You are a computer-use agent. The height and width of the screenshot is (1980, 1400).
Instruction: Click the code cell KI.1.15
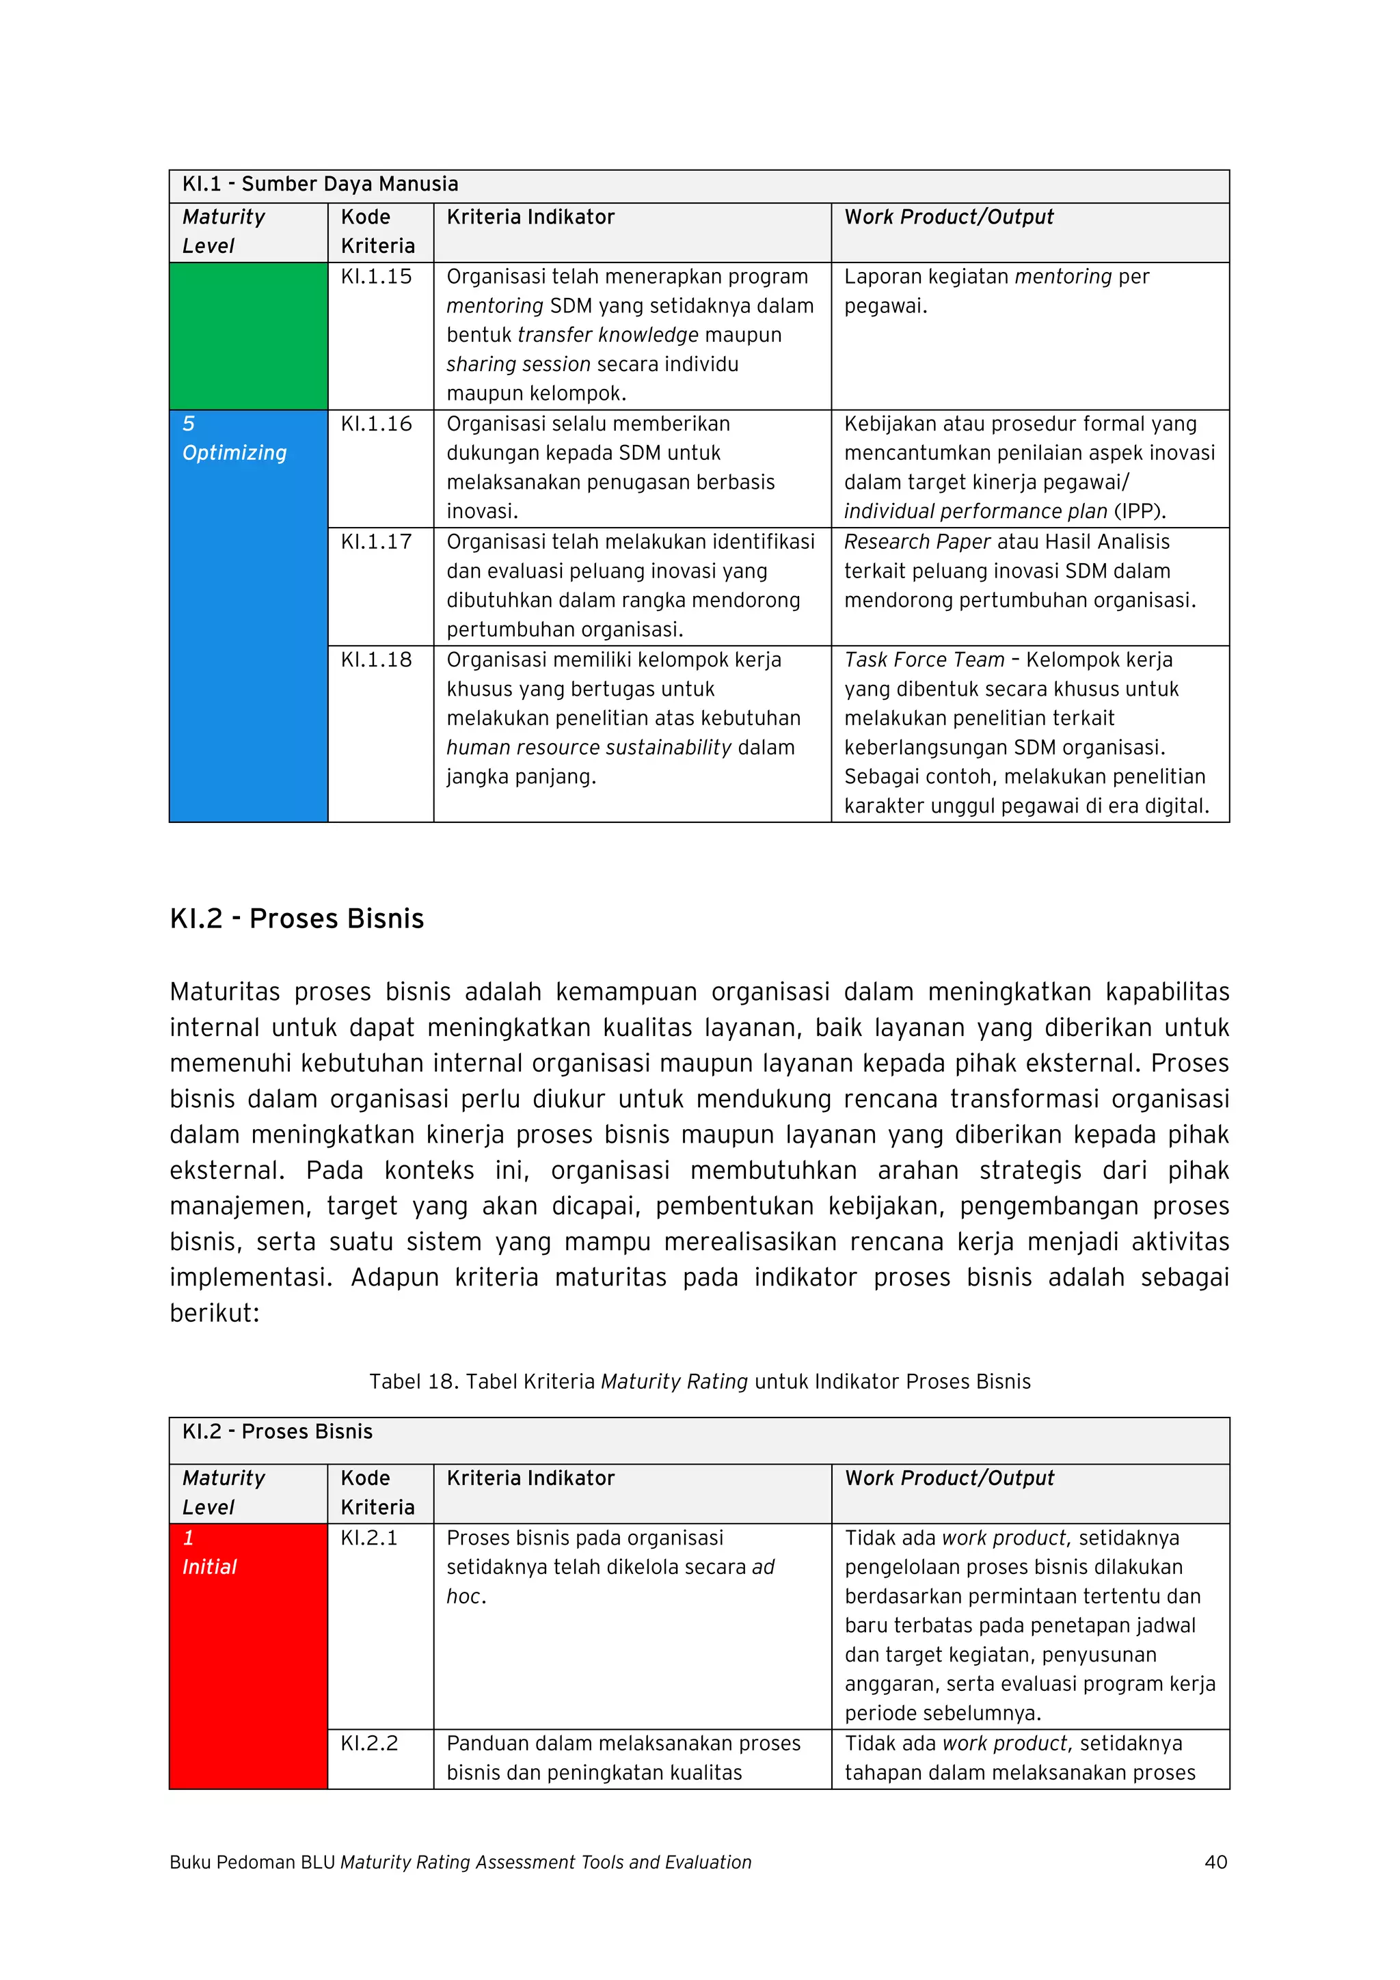(376, 277)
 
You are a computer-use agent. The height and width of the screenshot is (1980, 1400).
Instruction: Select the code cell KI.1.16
(376, 424)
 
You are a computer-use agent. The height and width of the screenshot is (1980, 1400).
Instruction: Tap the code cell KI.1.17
(376, 543)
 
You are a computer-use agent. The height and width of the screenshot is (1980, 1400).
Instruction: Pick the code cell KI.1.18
(376, 661)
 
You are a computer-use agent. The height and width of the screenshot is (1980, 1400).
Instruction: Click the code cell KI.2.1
(369, 1538)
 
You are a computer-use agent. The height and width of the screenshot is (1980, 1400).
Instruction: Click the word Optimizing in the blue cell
(234, 454)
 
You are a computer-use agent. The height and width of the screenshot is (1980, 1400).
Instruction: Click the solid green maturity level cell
(248, 336)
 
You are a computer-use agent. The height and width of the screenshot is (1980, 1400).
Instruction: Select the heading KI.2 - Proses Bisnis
(297, 919)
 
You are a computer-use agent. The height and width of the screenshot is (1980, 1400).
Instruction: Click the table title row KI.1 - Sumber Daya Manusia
(320, 185)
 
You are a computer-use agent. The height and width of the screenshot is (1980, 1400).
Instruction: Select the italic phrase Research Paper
(917, 543)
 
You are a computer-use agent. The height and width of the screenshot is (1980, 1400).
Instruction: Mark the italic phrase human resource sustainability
(589, 748)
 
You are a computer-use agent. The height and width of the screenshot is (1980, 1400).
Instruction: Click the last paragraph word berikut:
(214, 1314)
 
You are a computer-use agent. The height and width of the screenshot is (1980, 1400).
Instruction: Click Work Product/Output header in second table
(949, 1479)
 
